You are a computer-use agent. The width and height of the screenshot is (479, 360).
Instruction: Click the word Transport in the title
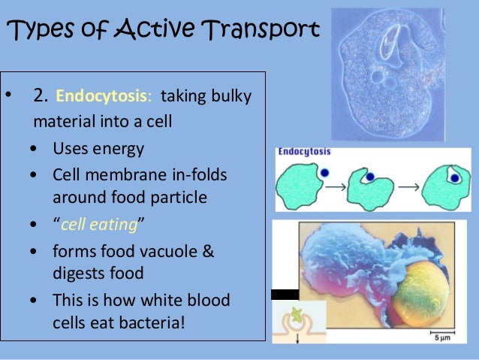click(258, 29)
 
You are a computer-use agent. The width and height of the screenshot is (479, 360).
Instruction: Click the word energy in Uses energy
click(118, 147)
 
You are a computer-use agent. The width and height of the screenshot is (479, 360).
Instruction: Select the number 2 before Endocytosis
click(41, 96)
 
